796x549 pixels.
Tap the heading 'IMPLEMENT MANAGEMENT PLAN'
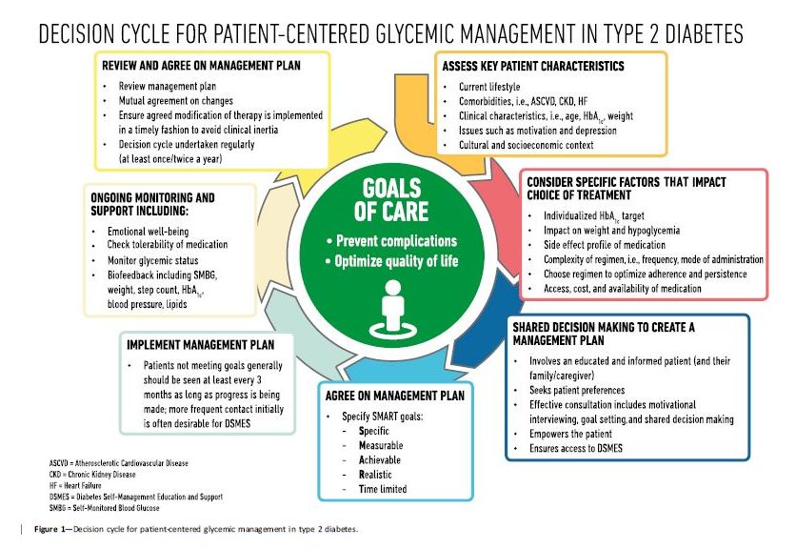pyautogui.click(x=200, y=345)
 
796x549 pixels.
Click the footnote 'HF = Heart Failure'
pyautogui.click(x=77, y=486)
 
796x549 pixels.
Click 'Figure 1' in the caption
pyautogui.click(x=52, y=528)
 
